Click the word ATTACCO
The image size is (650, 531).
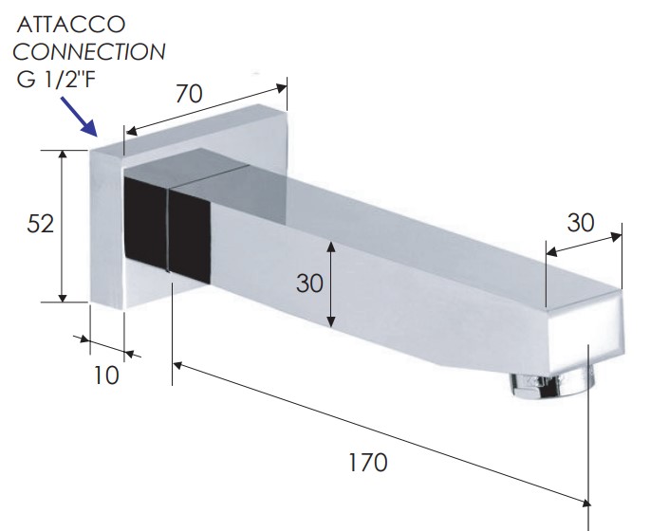point(71,25)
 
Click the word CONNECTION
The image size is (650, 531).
point(89,52)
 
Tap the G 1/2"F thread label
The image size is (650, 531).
point(56,79)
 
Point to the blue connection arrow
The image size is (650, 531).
point(79,117)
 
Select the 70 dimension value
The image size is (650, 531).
point(189,94)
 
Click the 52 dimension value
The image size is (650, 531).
point(40,224)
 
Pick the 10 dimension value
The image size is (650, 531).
point(106,375)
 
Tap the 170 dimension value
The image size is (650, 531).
point(368,463)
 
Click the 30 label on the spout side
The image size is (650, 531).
point(309,284)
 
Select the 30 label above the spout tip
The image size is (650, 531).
point(581,223)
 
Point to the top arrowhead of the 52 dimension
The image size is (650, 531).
point(63,155)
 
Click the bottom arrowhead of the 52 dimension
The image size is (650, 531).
point(63,297)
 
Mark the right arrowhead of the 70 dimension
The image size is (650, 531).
point(281,88)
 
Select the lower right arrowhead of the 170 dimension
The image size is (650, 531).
point(585,503)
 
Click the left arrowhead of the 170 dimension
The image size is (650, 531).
point(178,366)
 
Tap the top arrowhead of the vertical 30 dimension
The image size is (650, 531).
point(331,247)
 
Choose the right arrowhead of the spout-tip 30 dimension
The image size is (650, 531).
point(617,237)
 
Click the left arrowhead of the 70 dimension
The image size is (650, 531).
point(131,131)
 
